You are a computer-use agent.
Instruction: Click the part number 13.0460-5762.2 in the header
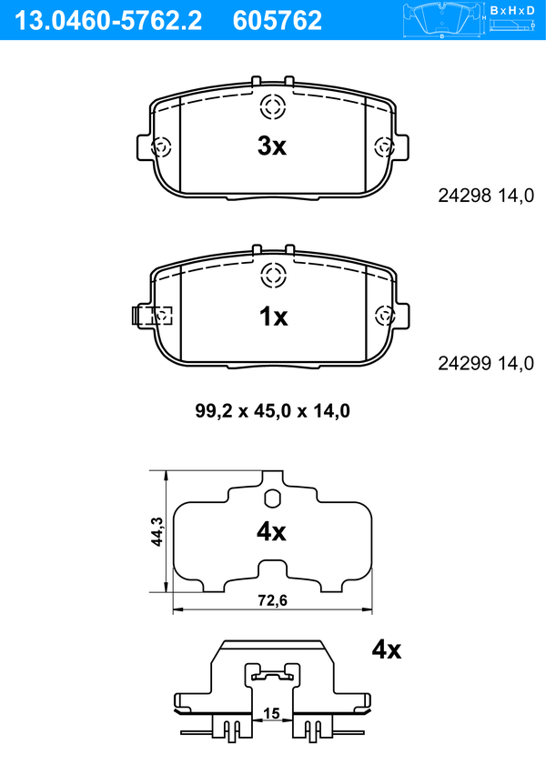pos(107,21)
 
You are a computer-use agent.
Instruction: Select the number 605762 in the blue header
pos(278,21)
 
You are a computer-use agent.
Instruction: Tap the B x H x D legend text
pos(512,10)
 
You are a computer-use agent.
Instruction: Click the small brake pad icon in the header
pos(441,20)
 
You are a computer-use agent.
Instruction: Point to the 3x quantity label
pos(272,146)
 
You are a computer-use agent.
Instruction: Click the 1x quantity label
pos(273,317)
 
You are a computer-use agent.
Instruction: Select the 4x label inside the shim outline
pos(271,532)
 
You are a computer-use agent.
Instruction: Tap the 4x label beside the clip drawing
pos(387,649)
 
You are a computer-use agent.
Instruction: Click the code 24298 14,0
pos(486,196)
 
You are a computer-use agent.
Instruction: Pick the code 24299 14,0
pos(486,364)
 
